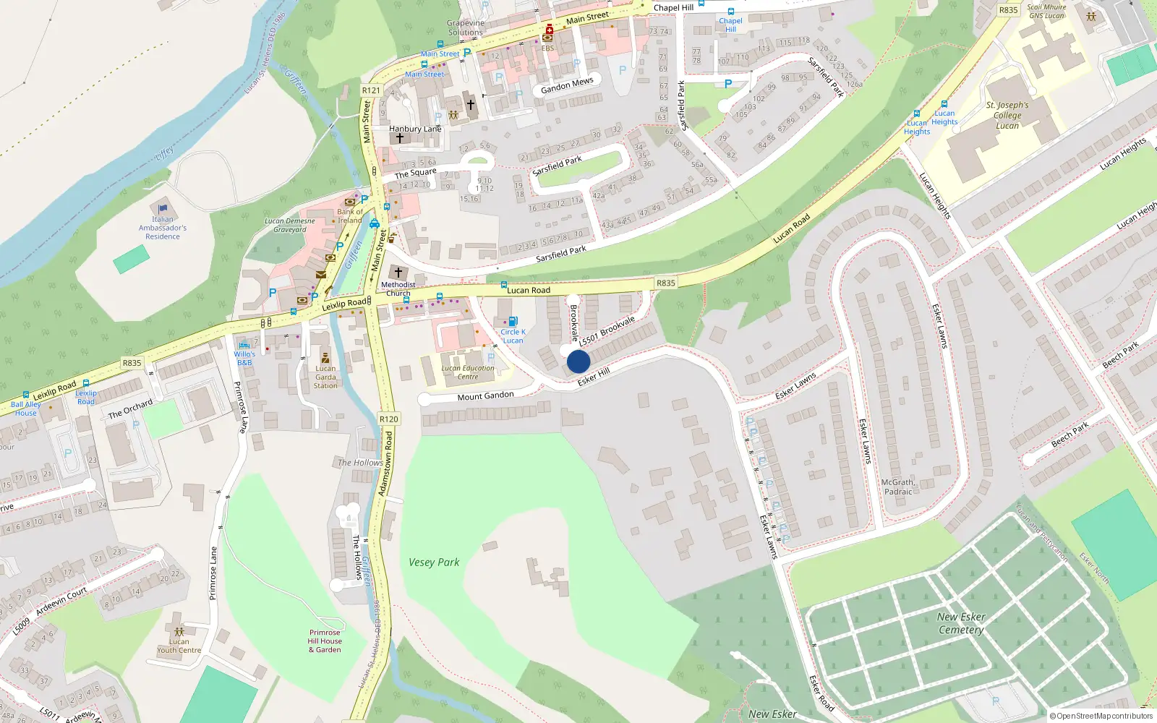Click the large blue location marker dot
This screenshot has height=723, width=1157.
[x=578, y=361]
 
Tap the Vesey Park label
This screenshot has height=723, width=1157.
[x=434, y=562]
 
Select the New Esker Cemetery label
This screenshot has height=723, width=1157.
[x=961, y=623]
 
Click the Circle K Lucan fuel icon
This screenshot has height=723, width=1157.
[x=513, y=322]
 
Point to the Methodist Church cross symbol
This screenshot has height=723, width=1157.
[x=398, y=273]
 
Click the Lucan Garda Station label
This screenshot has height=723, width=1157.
[x=325, y=377]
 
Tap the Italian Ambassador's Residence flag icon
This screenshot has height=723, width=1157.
[x=163, y=209]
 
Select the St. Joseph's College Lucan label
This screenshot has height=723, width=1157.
[x=1007, y=115]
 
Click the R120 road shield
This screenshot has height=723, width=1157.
[x=388, y=419]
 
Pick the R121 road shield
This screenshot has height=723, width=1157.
[x=371, y=90]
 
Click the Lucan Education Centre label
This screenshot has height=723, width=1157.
[x=468, y=372]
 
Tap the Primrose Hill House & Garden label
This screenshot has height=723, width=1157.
[x=325, y=641]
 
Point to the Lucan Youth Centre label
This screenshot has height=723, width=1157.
[x=179, y=646]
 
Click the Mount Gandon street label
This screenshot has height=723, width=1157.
[x=485, y=396]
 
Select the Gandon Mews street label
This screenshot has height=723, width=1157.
[x=567, y=85]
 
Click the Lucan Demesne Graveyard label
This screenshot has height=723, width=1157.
[x=289, y=226]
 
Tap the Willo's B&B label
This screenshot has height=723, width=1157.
[x=244, y=358]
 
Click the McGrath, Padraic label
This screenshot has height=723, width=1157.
[x=898, y=487]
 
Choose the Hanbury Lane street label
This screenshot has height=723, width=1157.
[x=415, y=129]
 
